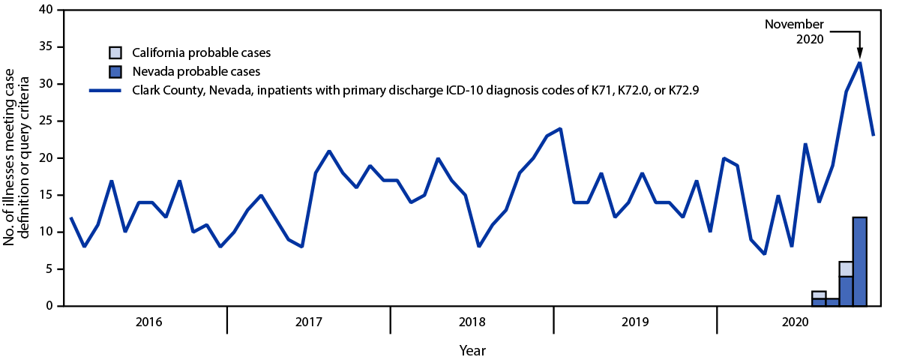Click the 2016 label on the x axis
pos(148,322)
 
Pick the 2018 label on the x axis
pos(472,322)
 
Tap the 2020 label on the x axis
pos(796,322)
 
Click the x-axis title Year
pos(472,350)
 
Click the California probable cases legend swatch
pos(115,52)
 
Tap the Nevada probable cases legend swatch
pos(115,72)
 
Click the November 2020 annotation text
pos(794,31)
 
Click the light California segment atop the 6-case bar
pos(846,269)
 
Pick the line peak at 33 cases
pos(859,62)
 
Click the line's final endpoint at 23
pos(874,135)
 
